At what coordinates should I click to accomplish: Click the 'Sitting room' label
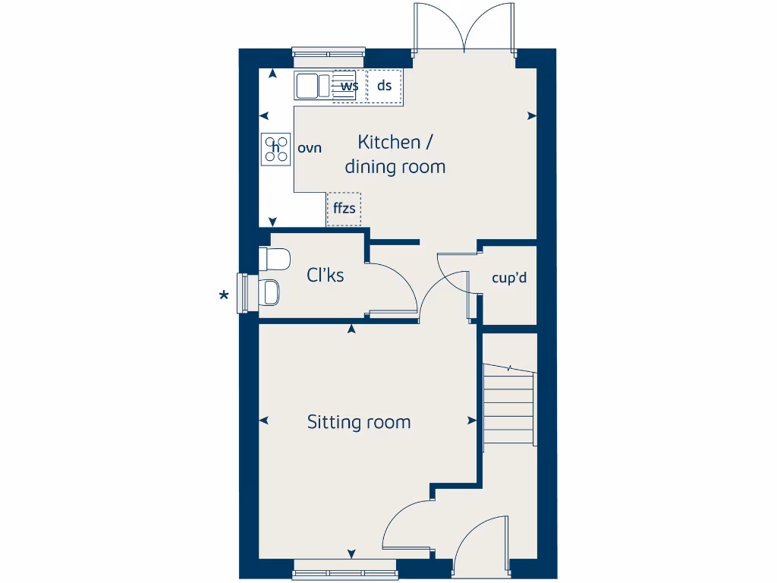coord(358,422)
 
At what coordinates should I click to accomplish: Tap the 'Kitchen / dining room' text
coord(395,154)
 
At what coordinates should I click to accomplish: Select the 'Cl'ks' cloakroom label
coord(325,275)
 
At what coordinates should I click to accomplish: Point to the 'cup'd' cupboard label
coord(509,278)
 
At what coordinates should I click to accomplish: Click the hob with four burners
coord(276,149)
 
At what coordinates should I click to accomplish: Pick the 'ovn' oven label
coord(310,148)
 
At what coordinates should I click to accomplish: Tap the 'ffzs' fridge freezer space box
coord(344,209)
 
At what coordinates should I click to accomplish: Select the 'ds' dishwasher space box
coord(385,86)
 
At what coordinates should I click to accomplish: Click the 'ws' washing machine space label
coord(349,86)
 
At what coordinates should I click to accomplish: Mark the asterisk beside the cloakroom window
coord(224,296)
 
